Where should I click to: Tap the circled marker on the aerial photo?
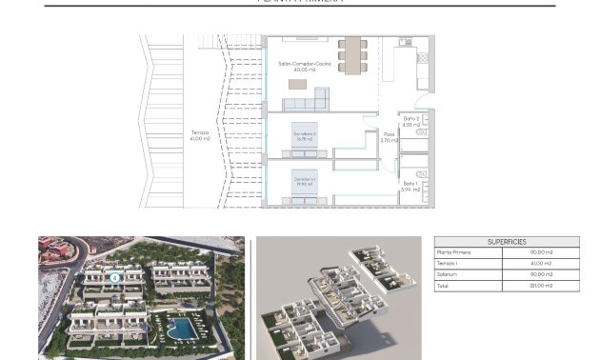click(114, 278)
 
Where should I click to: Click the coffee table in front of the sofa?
click(297, 84)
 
